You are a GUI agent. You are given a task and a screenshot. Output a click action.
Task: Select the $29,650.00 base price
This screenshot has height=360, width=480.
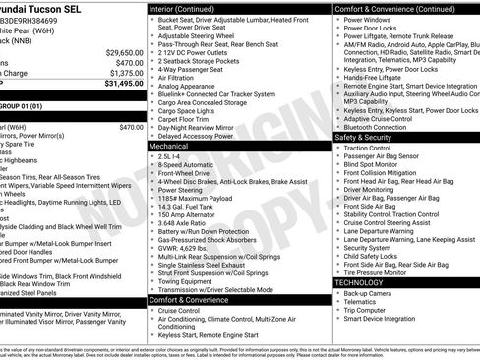(124, 52)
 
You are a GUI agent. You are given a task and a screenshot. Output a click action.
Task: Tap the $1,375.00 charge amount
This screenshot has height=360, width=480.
(125, 73)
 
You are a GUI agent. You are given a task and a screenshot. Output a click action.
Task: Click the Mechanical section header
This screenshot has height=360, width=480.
(168, 145)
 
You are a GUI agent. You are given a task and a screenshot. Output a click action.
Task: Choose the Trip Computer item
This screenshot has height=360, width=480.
(367, 310)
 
